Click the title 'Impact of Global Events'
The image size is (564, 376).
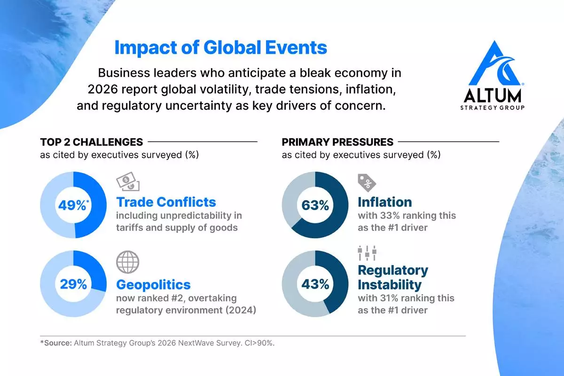221,48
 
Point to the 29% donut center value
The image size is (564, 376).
73,284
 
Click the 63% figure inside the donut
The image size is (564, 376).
315,205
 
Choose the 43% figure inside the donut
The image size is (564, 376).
315,284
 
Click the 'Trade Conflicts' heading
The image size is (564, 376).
166,202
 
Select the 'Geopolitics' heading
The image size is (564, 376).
153,284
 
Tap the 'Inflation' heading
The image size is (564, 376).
384,202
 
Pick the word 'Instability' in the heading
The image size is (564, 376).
390,285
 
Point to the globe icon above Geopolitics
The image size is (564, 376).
127,262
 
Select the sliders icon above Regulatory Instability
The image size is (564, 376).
367,254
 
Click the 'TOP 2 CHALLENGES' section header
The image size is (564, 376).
91,142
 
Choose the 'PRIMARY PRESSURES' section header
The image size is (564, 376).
337,142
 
